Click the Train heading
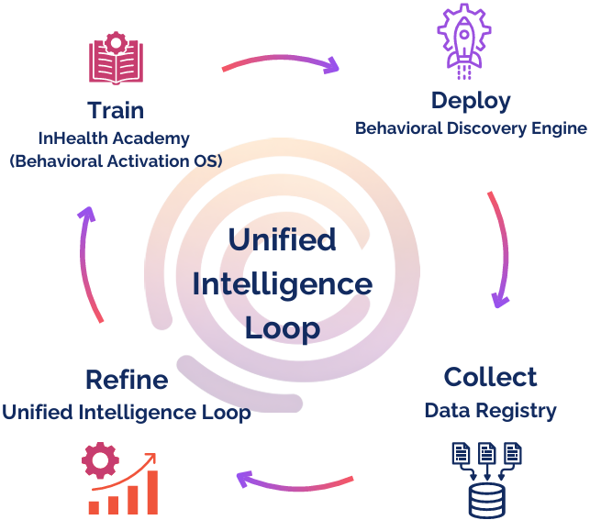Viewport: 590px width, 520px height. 116,111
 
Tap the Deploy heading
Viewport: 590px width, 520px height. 471,100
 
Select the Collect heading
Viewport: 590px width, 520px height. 490,377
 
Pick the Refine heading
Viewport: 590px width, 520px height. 127,380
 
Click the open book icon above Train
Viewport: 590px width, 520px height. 117,61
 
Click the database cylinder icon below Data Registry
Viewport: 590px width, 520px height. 487,501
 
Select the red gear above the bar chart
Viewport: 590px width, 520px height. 100,460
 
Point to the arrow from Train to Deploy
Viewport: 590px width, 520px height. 280,64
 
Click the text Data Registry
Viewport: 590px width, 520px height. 490,410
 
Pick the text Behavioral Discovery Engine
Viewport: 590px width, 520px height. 471,128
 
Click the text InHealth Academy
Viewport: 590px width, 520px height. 114,138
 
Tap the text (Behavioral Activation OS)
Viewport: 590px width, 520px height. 117,161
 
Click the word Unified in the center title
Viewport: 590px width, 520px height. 282,240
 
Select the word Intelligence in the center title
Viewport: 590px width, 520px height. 282,284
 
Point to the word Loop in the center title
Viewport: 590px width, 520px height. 282,327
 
